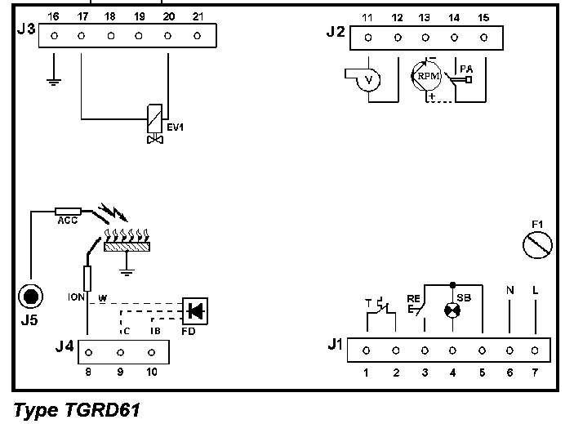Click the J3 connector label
26,29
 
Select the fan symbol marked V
367,79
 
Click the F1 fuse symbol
537,244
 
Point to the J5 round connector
29,297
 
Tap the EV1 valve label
176,127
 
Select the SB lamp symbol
452,310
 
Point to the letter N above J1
510,289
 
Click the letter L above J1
536,289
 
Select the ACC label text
67,221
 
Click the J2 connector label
335,33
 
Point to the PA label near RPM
465,69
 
